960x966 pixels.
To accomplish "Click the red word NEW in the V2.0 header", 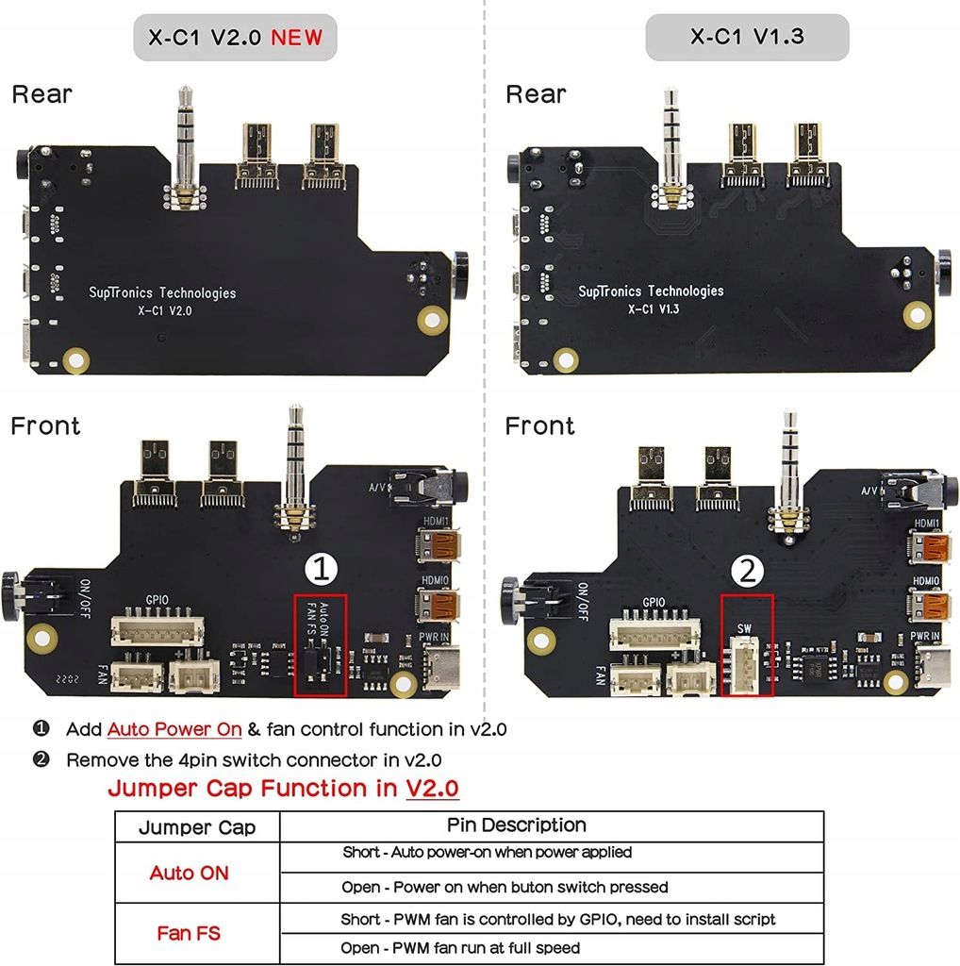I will [296, 38].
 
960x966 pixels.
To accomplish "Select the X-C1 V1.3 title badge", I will [747, 38].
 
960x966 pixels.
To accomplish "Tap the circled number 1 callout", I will [322, 569].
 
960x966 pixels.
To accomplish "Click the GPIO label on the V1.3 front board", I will [654, 603].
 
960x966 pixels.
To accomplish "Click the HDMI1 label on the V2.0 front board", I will [437, 520].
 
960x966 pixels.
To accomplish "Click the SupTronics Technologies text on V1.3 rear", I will [651, 291].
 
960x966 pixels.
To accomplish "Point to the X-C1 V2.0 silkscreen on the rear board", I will [164, 309].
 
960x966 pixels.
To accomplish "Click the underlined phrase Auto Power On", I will [174, 729].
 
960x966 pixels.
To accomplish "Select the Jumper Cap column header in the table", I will [197, 828].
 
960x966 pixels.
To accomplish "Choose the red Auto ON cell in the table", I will [189, 874].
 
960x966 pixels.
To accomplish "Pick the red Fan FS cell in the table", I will [189, 934].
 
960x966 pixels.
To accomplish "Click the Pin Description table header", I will [516, 825].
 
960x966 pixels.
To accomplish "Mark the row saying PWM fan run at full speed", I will [460, 947].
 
